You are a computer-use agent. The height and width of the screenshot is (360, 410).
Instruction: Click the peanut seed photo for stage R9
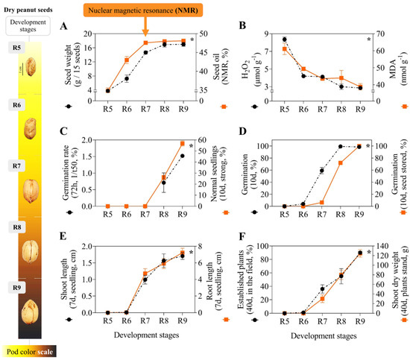click(x=30, y=308)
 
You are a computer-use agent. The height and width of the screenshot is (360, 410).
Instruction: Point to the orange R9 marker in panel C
click(x=183, y=143)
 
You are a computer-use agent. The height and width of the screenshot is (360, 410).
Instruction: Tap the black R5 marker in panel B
click(x=284, y=40)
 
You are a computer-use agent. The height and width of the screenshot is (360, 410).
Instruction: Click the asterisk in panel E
click(x=192, y=253)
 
